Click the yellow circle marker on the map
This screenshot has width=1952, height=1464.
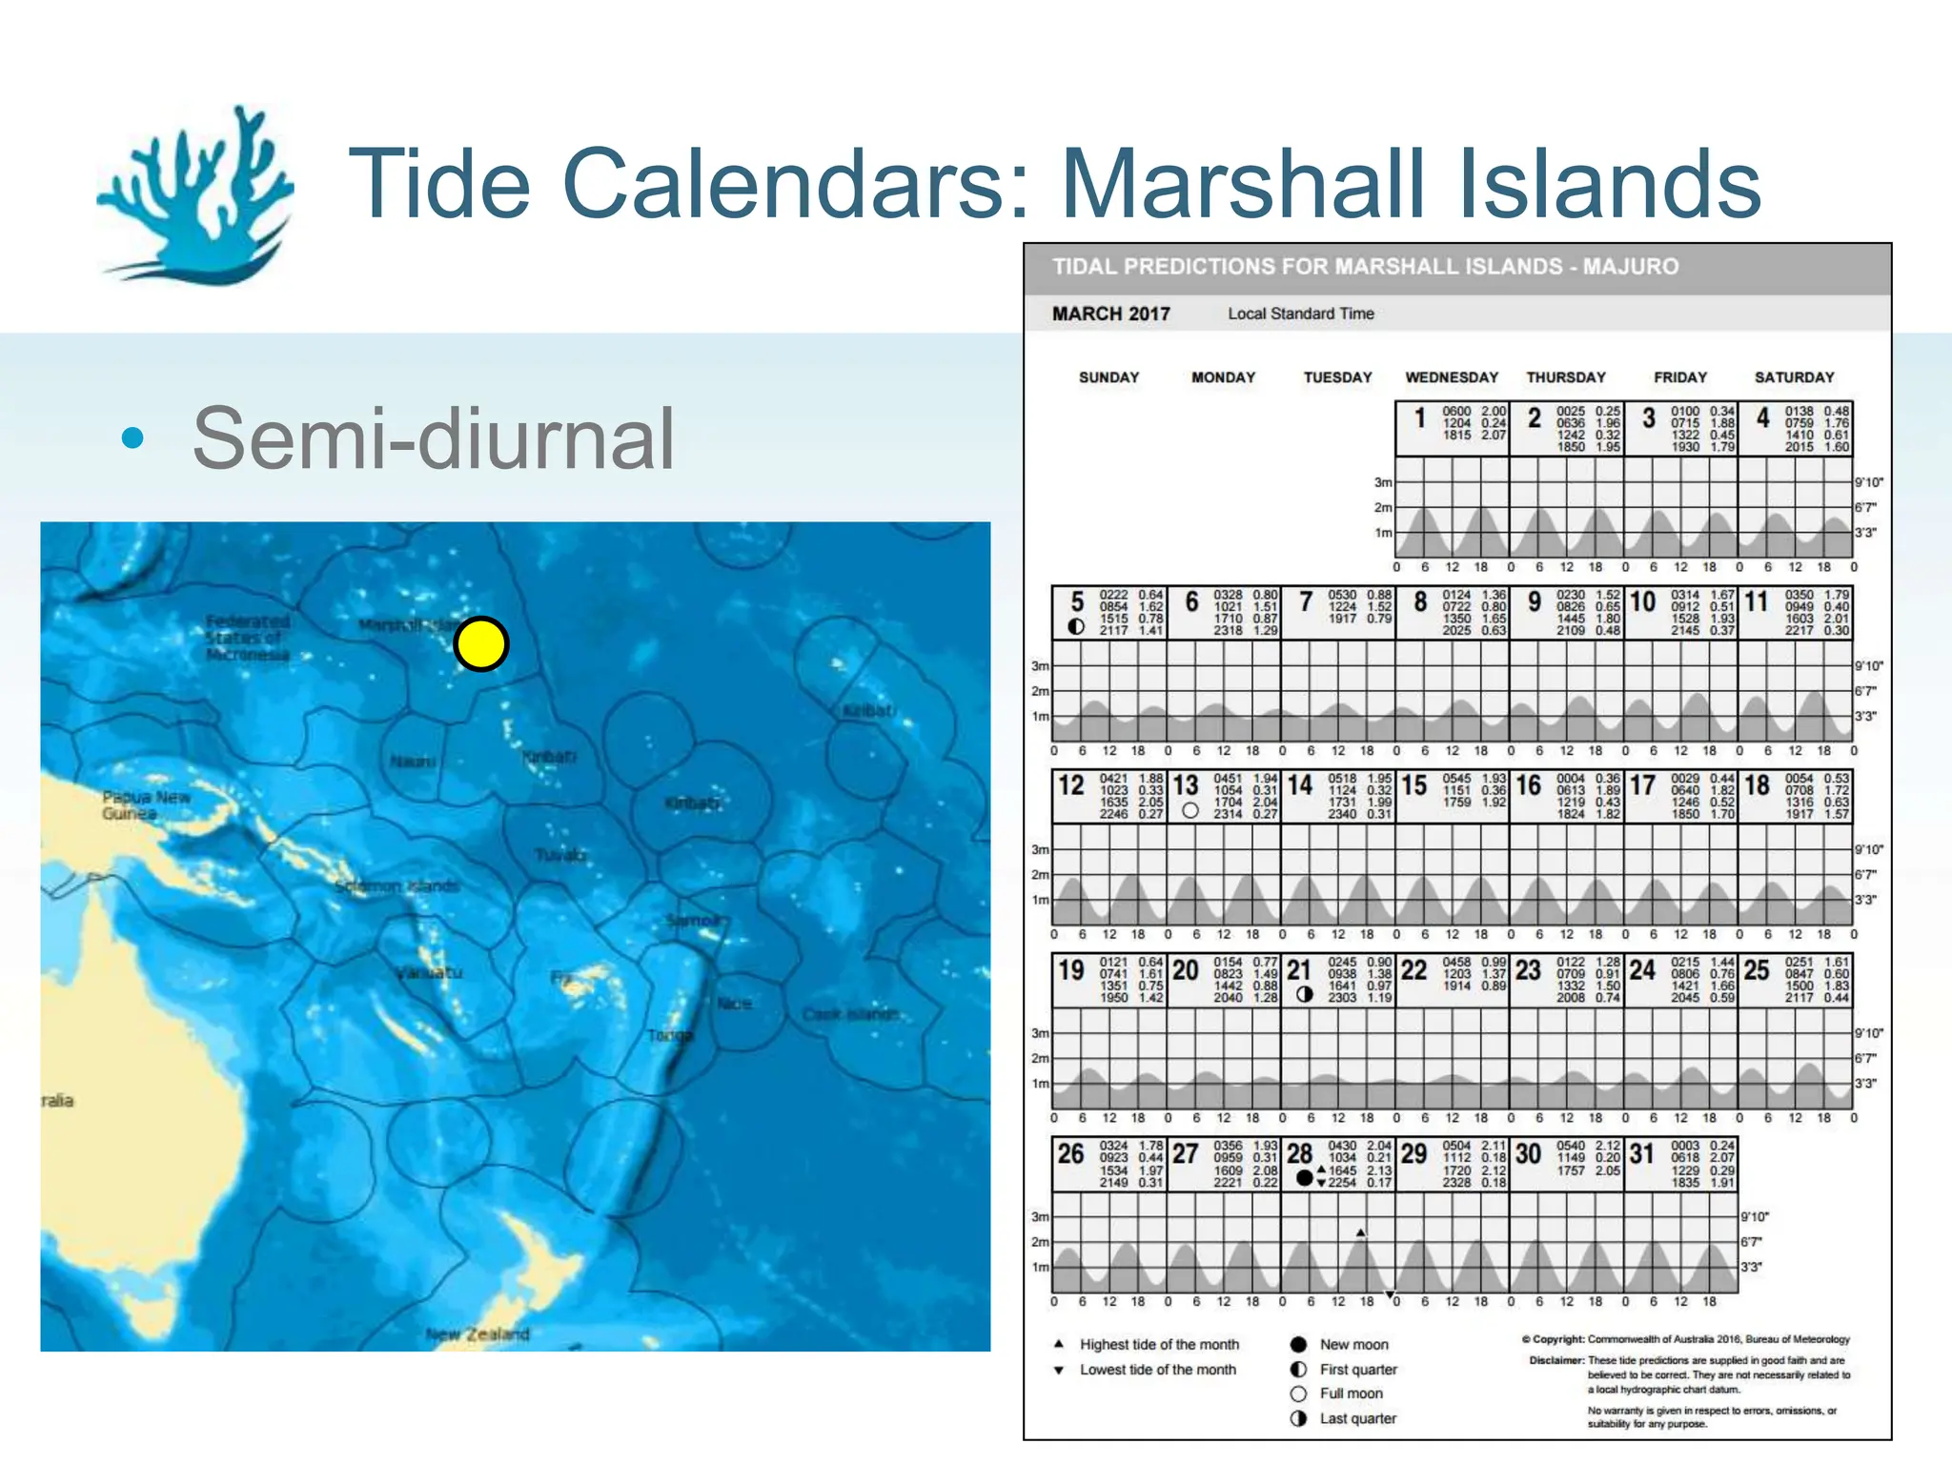[481, 644]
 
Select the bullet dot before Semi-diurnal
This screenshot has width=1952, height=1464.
[133, 438]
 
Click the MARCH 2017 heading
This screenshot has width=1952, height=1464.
[1110, 314]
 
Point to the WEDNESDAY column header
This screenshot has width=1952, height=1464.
[1452, 377]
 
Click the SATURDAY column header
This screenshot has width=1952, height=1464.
[1794, 377]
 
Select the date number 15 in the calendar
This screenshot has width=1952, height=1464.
[1414, 785]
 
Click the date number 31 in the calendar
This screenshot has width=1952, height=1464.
[1641, 1153]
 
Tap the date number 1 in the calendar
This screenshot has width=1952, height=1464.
[1419, 417]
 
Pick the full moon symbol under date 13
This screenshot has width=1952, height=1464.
[1189, 811]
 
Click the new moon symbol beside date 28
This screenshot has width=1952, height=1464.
[1304, 1178]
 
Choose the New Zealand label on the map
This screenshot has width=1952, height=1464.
[478, 1333]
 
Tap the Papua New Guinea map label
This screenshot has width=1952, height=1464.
[147, 805]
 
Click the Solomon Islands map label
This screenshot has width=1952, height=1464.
[396, 886]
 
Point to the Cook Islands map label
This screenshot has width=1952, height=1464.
[850, 1014]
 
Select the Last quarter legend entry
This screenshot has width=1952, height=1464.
[1357, 1418]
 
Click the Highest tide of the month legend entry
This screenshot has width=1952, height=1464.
[1159, 1344]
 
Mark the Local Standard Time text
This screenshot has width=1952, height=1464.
[1300, 314]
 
